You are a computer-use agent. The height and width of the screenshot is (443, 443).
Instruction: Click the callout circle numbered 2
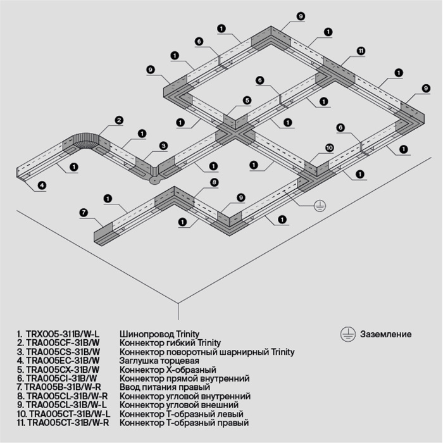tap(119, 120)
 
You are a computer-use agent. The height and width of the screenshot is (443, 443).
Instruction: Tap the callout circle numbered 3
tap(163, 146)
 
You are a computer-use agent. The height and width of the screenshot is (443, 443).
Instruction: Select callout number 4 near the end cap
tap(42, 185)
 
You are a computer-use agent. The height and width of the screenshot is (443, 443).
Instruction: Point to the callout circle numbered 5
tap(247, 100)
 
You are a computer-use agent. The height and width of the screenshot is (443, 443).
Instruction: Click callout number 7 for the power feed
tap(84, 212)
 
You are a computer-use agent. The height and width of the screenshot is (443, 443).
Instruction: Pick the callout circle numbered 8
tap(214, 182)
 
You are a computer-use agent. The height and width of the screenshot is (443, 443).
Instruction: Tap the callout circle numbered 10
tap(329, 147)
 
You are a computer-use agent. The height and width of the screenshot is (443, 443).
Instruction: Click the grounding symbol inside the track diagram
tap(320, 205)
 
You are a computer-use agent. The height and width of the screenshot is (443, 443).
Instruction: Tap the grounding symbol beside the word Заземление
tap(346, 334)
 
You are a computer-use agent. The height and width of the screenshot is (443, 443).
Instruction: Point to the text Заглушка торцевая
tap(154, 361)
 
